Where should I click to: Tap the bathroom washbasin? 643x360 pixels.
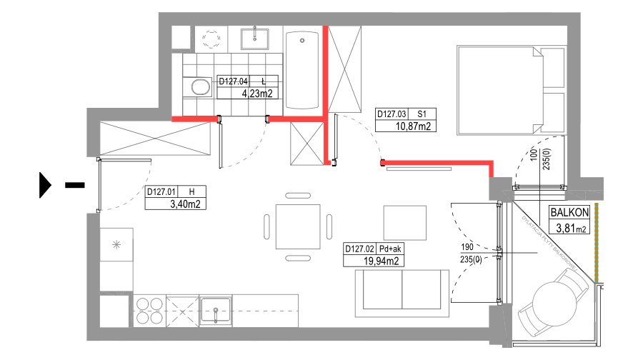[x=254, y=37]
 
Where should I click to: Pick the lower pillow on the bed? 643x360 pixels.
[x=553, y=111]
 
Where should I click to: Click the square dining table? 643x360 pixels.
[x=298, y=226]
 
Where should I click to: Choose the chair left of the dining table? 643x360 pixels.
[x=267, y=226]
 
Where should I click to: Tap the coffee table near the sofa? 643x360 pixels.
[x=404, y=222]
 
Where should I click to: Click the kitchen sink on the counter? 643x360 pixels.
[x=215, y=311]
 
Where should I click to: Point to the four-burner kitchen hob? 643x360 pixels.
[x=149, y=311]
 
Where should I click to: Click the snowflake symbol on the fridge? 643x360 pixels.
[x=116, y=244]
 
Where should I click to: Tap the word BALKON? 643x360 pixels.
[x=569, y=212]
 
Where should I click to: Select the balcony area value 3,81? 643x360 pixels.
[x=565, y=229]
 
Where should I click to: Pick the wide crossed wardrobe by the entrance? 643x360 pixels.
[x=155, y=138]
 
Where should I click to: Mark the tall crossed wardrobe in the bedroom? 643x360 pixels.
[x=345, y=69]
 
